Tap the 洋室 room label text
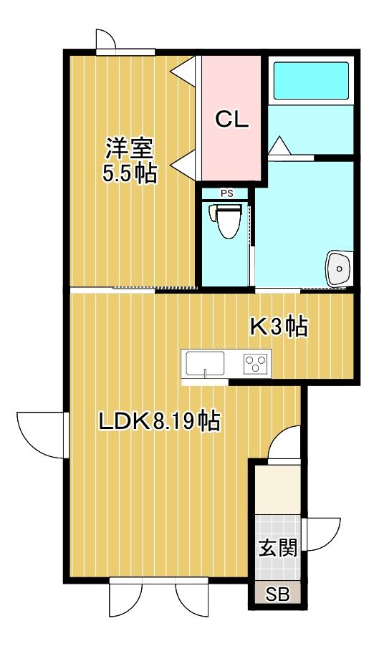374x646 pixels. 129,148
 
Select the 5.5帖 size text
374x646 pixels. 129,173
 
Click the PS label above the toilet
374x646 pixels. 226,193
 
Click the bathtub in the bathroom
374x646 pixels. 311,80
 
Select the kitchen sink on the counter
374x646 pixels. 205,364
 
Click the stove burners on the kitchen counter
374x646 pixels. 256,364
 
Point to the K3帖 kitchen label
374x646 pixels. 278,327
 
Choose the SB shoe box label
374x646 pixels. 277,594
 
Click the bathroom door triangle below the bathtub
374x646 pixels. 279,145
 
